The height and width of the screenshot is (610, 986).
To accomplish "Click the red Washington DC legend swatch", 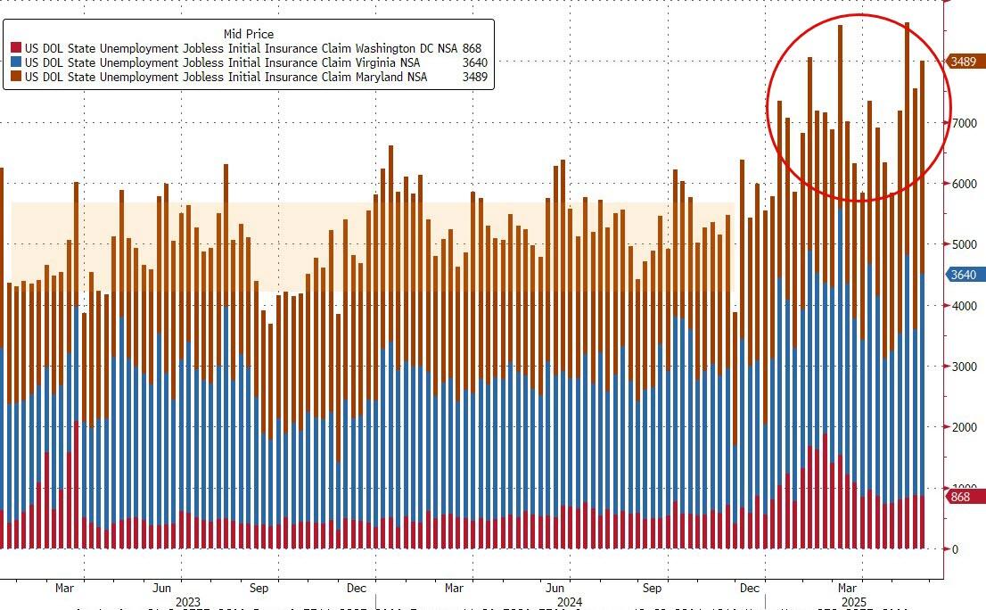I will [x=16, y=48].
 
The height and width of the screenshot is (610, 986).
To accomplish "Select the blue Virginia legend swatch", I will [x=16, y=62].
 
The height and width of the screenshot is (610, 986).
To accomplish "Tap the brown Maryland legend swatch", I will [x=16, y=77].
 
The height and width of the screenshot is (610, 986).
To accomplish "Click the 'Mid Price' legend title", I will [x=249, y=34].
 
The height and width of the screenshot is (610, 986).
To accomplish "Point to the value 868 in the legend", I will [x=472, y=48].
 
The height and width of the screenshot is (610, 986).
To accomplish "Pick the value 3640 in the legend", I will [x=474, y=62].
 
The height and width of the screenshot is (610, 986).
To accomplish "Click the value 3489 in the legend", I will [x=474, y=77].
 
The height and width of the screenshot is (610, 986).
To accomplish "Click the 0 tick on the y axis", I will [x=954, y=549].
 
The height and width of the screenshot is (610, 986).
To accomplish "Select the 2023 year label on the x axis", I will [x=188, y=602].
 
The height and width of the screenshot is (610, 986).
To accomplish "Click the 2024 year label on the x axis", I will [x=569, y=602].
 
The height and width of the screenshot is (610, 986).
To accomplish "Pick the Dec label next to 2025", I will [x=750, y=589].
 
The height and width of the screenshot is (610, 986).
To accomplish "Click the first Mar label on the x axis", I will [x=64, y=589].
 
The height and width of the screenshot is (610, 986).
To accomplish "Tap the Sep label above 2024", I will [x=652, y=589].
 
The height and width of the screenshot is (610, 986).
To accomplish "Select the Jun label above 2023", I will [x=161, y=589].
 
